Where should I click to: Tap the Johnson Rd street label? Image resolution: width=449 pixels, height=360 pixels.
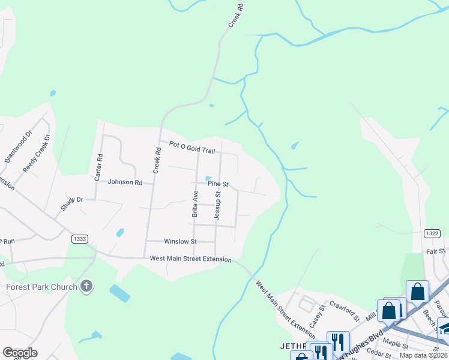click(x=125, y=182)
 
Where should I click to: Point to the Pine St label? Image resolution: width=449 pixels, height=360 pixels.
click(x=218, y=184)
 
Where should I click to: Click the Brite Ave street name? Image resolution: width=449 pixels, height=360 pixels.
click(x=195, y=203)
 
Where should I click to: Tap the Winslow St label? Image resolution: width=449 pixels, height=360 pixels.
click(x=180, y=241)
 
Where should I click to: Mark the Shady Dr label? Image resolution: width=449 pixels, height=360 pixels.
click(x=71, y=203)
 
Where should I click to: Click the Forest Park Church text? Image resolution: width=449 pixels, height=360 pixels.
click(x=41, y=287)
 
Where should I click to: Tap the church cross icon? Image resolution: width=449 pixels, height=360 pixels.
click(x=86, y=286)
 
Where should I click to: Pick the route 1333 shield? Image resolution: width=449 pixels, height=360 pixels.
click(x=79, y=239)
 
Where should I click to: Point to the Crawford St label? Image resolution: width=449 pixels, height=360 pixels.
click(x=343, y=310)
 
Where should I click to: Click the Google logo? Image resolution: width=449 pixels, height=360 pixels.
click(x=20, y=353)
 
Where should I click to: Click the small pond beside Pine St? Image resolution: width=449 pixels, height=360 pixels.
click(x=208, y=178)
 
